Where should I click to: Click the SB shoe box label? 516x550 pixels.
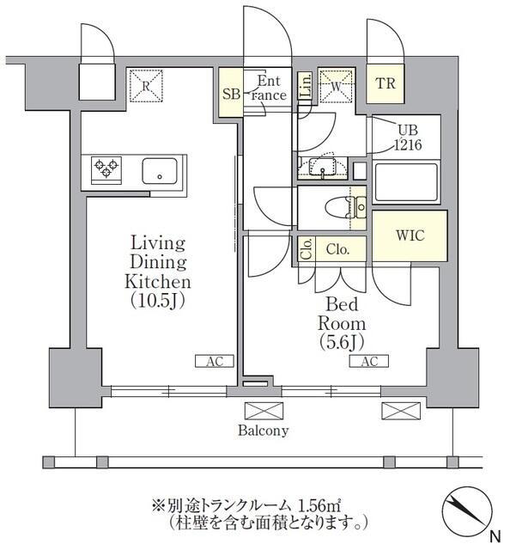(230, 94)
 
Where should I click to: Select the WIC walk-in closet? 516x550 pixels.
(409, 235)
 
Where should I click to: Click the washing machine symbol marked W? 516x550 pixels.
(336, 85)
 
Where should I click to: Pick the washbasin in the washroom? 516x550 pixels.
(324, 166)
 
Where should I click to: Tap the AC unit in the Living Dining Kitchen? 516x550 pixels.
(214, 362)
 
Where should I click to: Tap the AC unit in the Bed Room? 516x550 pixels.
(368, 362)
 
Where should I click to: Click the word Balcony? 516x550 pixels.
(264, 431)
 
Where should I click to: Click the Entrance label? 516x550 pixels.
(269, 89)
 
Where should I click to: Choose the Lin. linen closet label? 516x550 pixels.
(306, 85)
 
